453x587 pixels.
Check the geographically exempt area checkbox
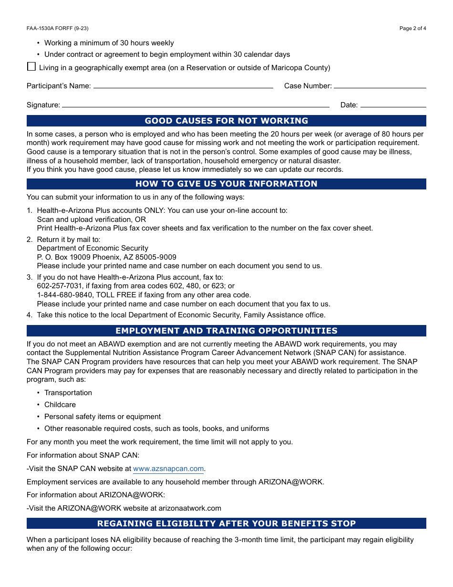[x=31, y=67]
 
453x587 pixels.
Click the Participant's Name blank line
[x=183, y=86]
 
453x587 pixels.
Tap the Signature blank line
[x=196, y=105]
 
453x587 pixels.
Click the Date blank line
[x=393, y=105]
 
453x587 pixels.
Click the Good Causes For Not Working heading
[x=226, y=121]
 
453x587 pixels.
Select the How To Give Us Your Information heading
[x=226, y=184]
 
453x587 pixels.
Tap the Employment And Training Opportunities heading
[x=226, y=331]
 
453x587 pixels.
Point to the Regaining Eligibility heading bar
[x=226, y=524]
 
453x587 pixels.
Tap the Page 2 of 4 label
[x=412, y=28]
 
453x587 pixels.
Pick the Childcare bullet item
[x=60, y=405]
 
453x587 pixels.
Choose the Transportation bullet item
[x=68, y=393]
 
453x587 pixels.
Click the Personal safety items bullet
[x=103, y=417]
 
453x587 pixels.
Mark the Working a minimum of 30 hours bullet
[x=109, y=43]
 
